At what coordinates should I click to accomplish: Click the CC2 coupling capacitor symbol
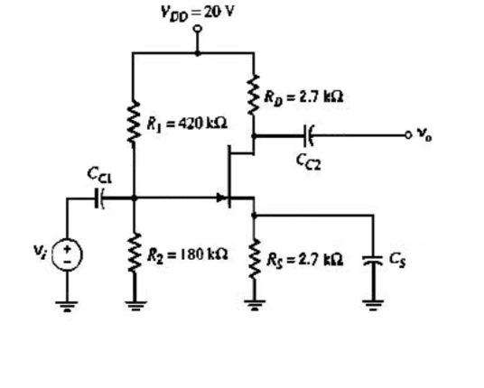click(310, 135)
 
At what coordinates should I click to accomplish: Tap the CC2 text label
click(308, 161)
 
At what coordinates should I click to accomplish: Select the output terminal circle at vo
click(411, 135)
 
